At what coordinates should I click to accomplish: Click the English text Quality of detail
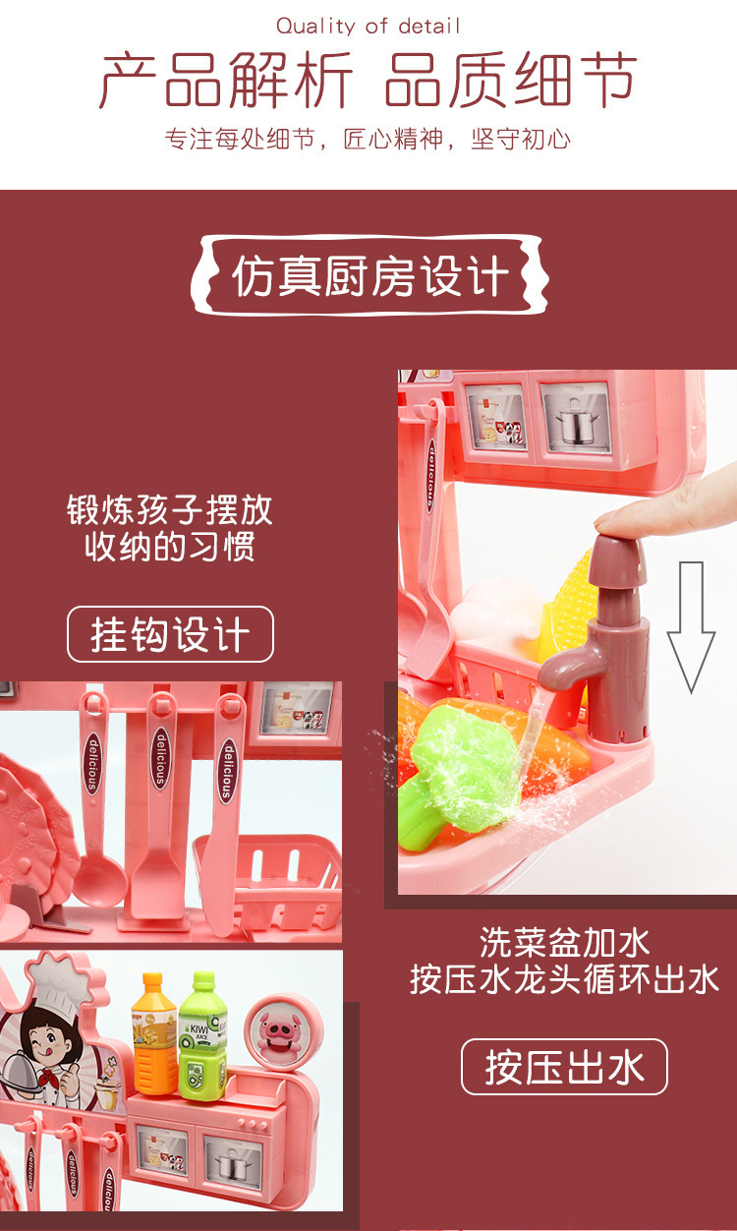tap(368, 27)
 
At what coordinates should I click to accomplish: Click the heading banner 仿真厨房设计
tap(369, 276)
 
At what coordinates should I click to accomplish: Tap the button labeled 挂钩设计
tap(170, 634)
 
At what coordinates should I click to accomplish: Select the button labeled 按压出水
tap(564, 1067)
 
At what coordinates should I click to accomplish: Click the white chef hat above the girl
tap(58, 978)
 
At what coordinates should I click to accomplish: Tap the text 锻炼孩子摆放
tap(170, 510)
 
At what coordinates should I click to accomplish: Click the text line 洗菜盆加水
tap(564, 943)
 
